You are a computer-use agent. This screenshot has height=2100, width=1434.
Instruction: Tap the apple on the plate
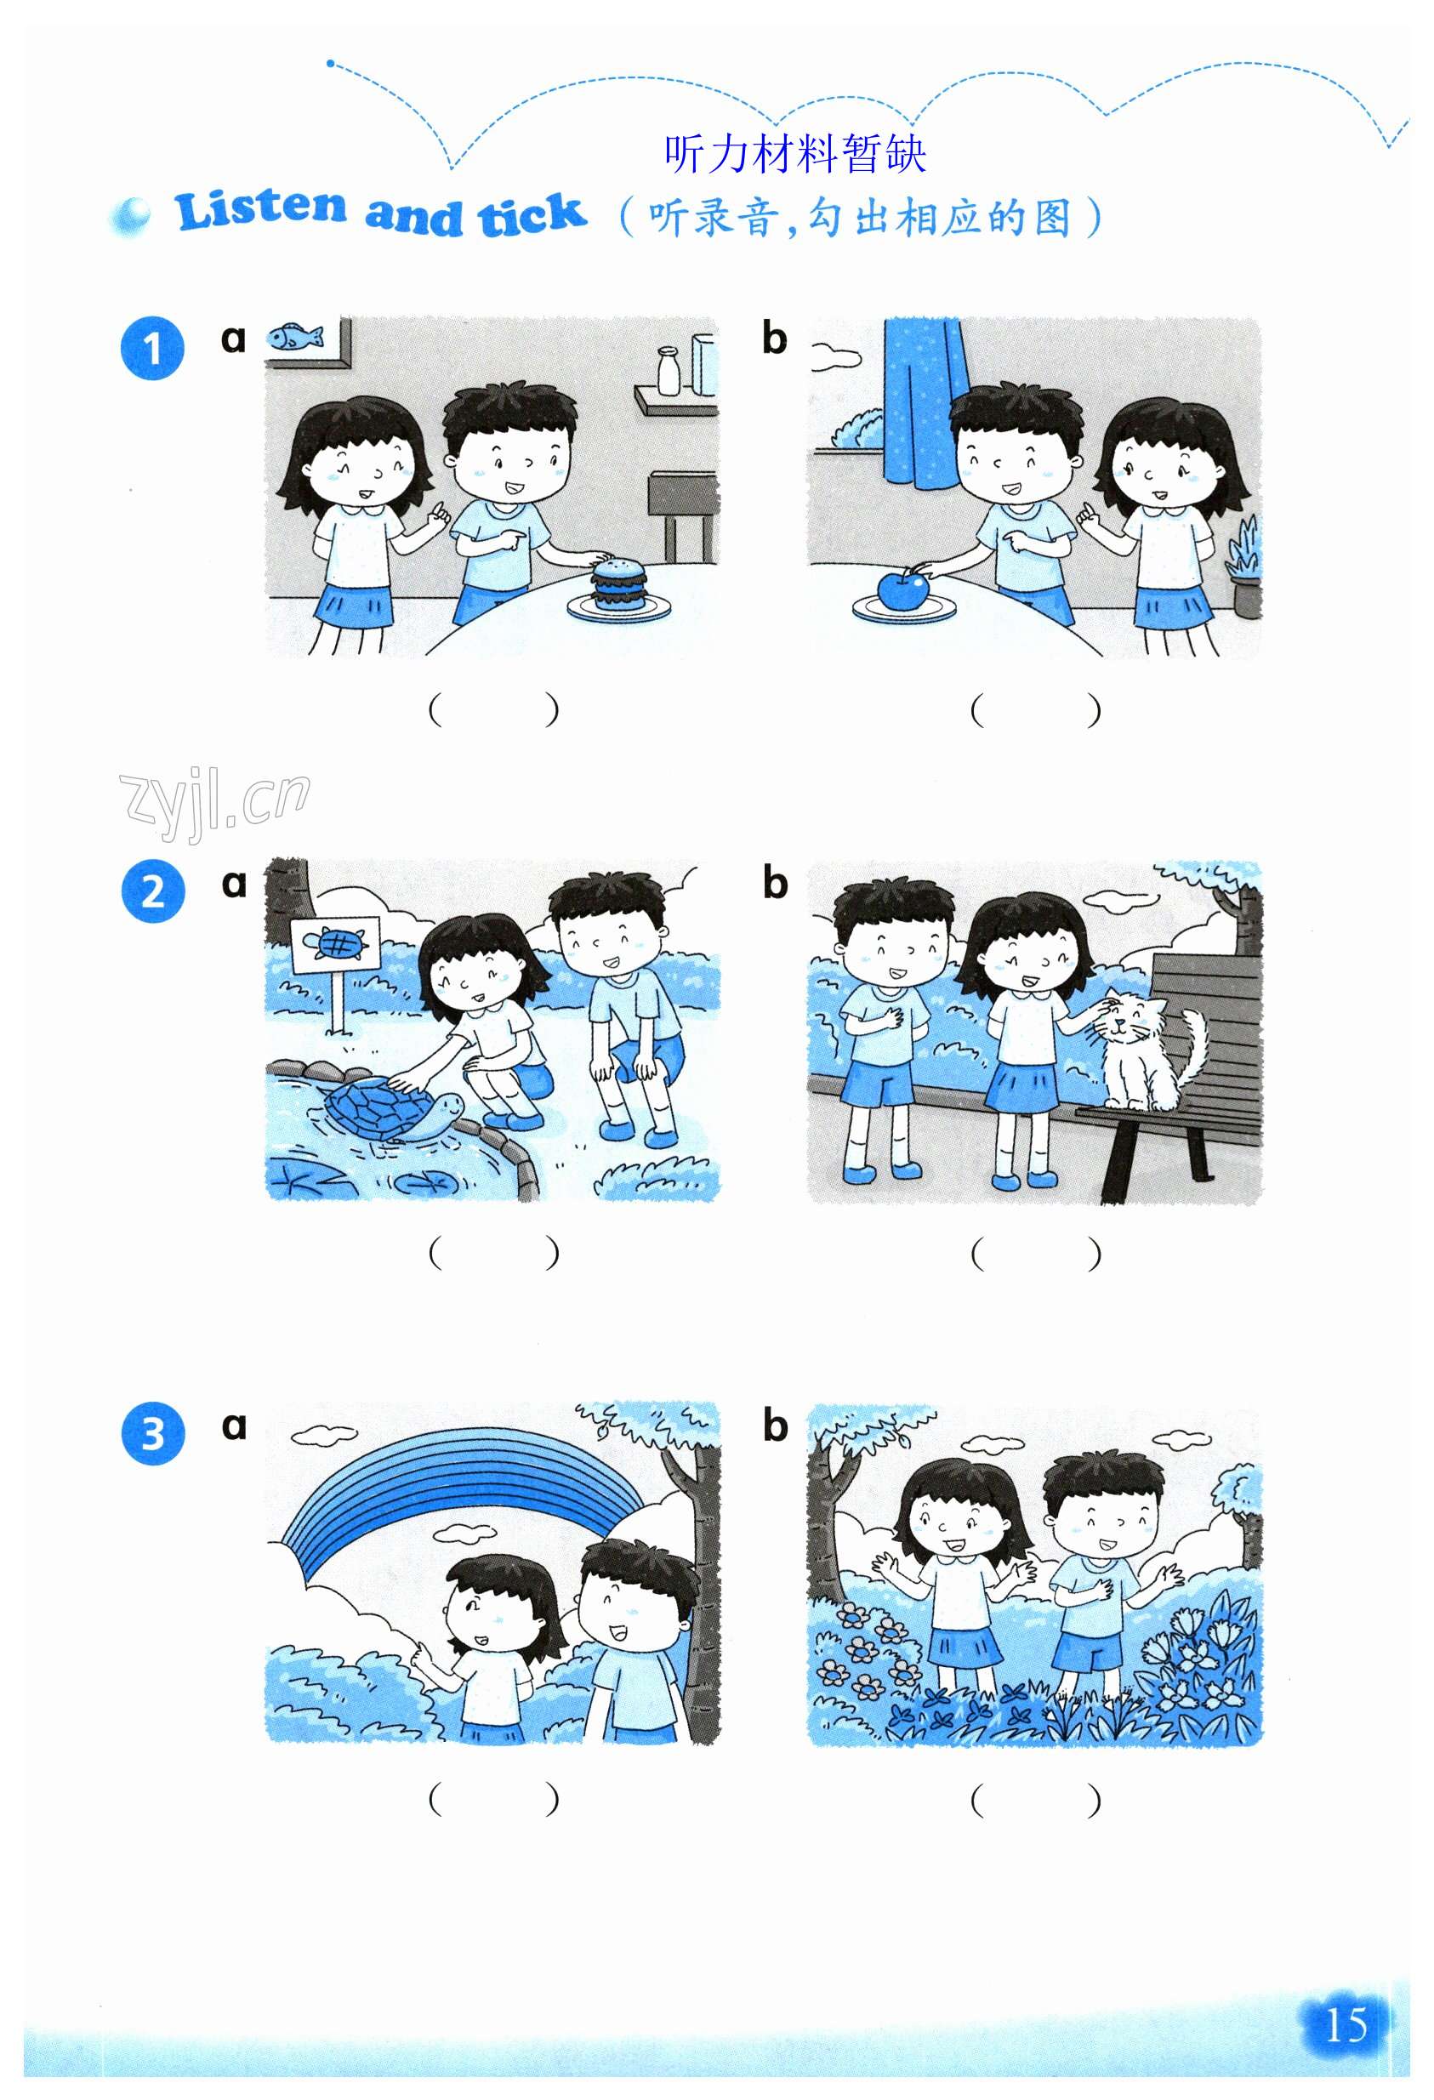(902, 591)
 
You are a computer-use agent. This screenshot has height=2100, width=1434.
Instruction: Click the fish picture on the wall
(294, 336)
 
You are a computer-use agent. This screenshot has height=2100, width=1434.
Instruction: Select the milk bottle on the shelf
(669, 371)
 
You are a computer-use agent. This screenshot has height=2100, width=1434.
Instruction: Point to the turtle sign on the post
(335, 945)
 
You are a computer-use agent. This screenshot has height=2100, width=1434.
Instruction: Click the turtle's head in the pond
(444, 1106)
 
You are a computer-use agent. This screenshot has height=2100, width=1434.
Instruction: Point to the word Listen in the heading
(260, 209)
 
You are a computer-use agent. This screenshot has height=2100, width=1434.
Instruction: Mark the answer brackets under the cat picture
(1034, 1254)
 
